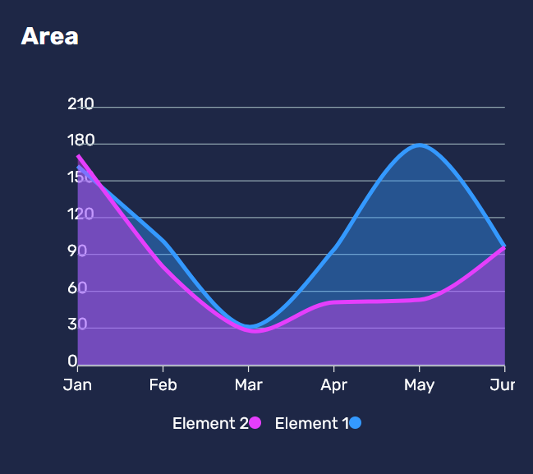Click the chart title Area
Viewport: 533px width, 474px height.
coord(49,37)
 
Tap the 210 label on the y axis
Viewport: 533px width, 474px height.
coord(80,104)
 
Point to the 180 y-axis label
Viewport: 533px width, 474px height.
coord(80,141)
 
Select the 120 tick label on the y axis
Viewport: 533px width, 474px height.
coord(80,215)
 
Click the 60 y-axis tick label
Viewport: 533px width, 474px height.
coord(77,288)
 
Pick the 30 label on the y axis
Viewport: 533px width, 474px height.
coord(77,325)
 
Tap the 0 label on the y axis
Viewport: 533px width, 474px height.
coord(72,361)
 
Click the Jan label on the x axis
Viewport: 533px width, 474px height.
coord(77,385)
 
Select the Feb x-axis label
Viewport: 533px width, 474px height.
coord(163,385)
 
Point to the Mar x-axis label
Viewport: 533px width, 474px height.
coord(248,385)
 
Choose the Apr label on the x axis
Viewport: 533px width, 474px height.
coord(333,385)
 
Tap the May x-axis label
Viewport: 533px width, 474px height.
coord(419,385)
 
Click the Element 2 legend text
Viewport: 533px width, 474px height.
coord(209,424)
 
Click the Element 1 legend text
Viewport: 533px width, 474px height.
coord(311,424)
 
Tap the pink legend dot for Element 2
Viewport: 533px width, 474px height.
coord(255,423)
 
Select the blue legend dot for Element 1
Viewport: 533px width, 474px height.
coord(355,423)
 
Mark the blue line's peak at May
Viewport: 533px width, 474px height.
coord(420,145)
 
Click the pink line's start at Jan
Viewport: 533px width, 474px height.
coord(79,156)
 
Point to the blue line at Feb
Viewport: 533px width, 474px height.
coord(163,242)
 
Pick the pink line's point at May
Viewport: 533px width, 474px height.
coord(420,299)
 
